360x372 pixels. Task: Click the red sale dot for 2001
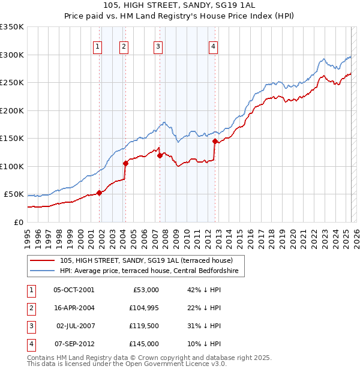click(x=100, y=193)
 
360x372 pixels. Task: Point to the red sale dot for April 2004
click(x=126, y=163)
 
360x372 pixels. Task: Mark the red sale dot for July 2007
click(x=160, y=155)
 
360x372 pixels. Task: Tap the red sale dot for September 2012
click(x=215, y=141)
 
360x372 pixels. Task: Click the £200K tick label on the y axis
click(x=12, y=110)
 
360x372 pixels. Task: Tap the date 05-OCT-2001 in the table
click(x=74, y=290)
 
